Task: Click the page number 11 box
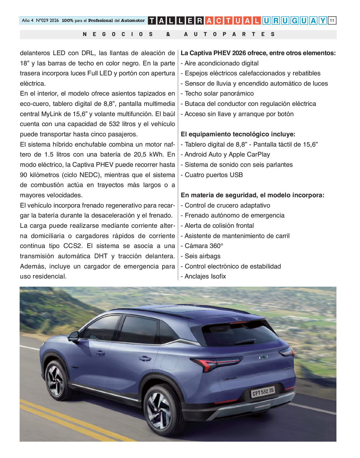pyautogui.click(x=332, y=21)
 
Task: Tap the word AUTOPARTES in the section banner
pyautogui.click(x=229, y=34)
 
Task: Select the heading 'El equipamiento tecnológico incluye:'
pyautogui.click(x=238, y=134)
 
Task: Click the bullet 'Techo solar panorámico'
pyautogui.click(x=219, y=94)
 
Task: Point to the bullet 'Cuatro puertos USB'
pyautogui.click(x=213, y=175)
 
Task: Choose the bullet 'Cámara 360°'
pyautogui.click(x=204, y=246)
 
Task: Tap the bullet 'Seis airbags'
pyautogui.click(x=202, y=256)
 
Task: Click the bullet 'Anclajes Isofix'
pyautogui.click(x=205, y=277)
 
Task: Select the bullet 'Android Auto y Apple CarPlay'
pyautogui.click(x=227, y=155)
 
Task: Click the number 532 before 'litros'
pyautogui.click(x=114, y=124)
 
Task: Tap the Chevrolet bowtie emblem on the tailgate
pyautogui.click(x=263, y=357)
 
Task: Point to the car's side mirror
pyautogui.click(x=74, y=336)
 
